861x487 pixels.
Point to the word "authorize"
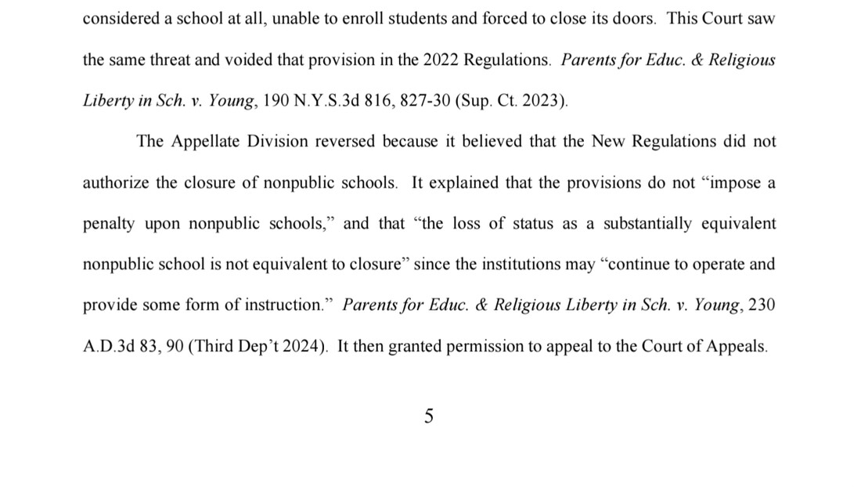(115, 182)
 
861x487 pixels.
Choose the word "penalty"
(109, 223)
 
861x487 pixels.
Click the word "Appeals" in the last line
(738, 346)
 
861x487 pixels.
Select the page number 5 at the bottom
(429, 417)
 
